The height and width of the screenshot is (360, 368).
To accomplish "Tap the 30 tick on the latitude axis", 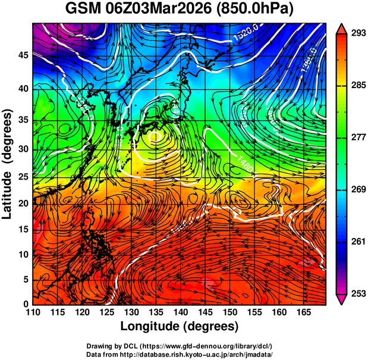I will click(x=23, y=149).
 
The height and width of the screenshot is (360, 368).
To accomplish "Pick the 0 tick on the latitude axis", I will click(x=26, y=304).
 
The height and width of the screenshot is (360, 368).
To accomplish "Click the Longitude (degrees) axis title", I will click(x=180, y=326).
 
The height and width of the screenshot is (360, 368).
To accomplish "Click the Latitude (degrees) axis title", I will click(x=8, y=164).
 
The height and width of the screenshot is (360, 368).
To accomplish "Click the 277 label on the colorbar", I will click(x=357, y=137).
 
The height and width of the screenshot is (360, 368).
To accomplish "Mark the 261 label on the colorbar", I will click(x=357, y=241).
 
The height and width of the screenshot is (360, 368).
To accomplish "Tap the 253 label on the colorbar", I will click(x=357, y=293).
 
